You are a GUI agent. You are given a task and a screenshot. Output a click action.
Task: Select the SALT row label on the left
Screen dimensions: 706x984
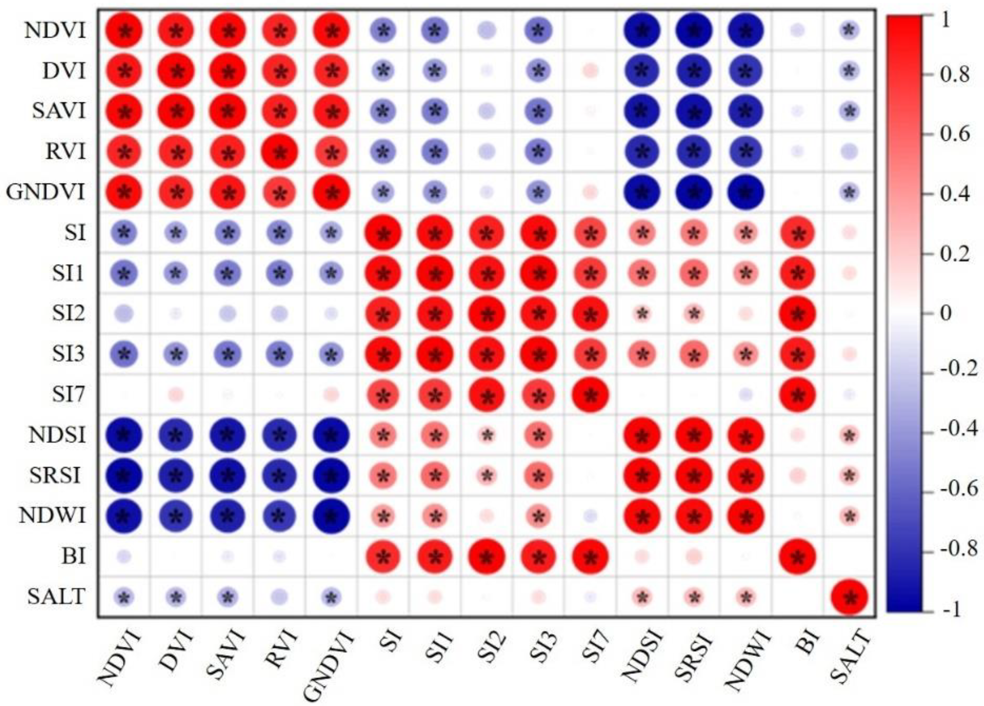pyautogui.click(x=56, y=597)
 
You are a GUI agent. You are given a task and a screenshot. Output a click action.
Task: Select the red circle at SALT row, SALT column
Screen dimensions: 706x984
pyautogui.click(x=849, y=597)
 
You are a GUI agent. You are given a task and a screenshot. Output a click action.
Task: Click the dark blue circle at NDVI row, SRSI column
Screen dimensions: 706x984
pyautogui.click(x=694, y=31)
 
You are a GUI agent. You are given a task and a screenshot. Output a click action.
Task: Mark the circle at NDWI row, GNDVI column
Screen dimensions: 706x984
pyautogui.click(x=332, y=516)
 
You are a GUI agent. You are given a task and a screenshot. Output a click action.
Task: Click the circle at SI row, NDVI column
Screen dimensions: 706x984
pyautogui.click(x=124, y=233)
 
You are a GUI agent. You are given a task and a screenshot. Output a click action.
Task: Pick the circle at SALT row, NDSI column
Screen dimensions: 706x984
pyautogui.click(x=642, y=597)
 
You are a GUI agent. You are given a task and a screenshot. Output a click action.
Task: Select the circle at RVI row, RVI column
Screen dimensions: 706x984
pyautogui.click(x=280, y=152)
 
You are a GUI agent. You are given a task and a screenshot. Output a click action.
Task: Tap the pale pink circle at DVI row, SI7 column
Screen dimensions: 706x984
pyautogui.click(x=590, y=71)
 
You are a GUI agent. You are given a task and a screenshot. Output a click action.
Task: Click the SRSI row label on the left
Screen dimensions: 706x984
pyautogui.click(x=55, y=476)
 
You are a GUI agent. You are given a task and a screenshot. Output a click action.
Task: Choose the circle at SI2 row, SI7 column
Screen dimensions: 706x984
pyautogui.click(x=590, y=314)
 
